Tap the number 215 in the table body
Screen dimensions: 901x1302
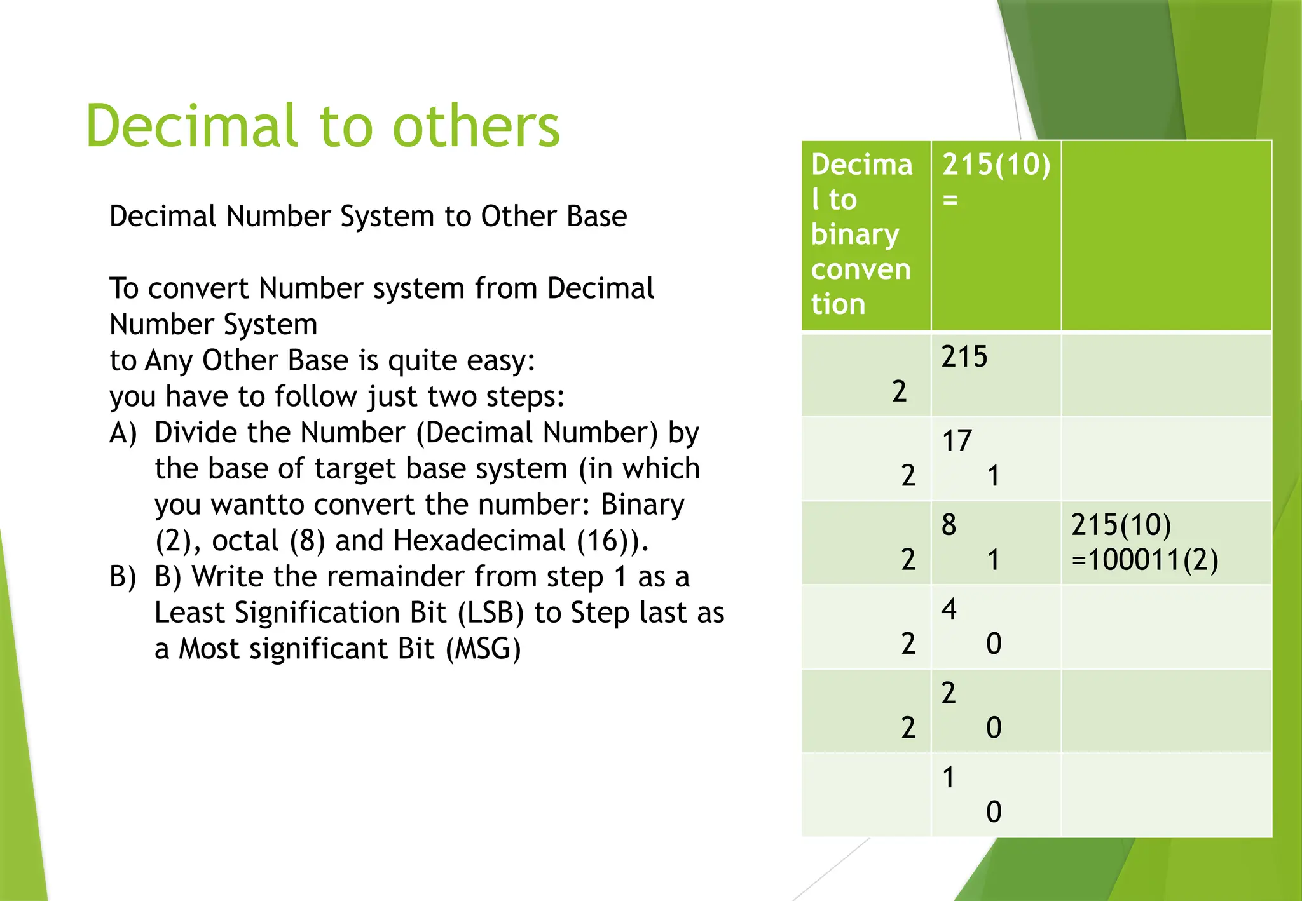[964, 356]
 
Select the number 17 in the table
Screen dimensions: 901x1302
[957, 441]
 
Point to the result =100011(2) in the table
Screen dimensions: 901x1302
[1144, 560]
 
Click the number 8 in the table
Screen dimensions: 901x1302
[949, 525]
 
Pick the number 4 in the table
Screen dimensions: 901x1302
[949, 609]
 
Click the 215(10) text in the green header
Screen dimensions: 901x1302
[996, 165]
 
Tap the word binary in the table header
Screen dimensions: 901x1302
[855, 234]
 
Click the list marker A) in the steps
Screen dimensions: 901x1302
[123, 433]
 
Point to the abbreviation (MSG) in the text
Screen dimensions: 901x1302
[483, 649]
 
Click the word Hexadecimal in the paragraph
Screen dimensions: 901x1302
[479, 541]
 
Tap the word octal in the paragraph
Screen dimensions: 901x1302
[245, 541]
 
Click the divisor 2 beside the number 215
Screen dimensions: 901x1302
[899, 391]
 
